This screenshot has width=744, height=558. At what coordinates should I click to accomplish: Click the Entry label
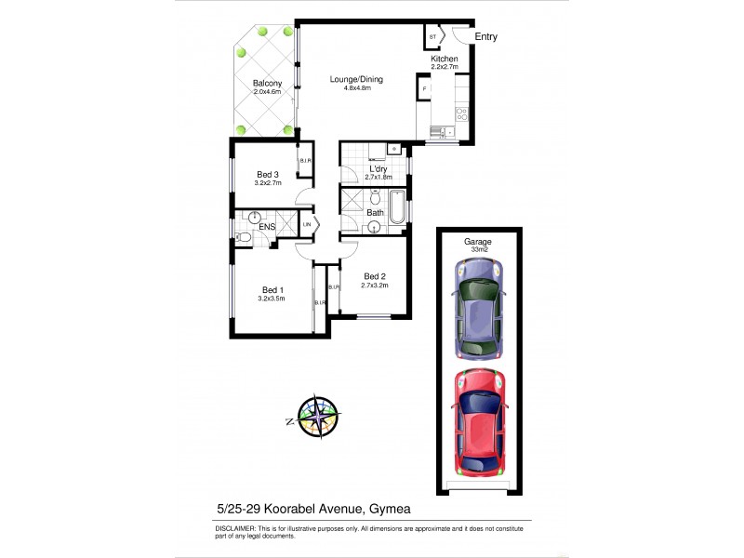point(486,37)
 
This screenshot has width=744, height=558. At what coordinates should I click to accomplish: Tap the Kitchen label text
point(444,60)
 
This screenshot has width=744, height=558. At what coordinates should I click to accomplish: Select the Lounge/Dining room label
point(356,79)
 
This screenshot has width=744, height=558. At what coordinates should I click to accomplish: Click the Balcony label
point(267,84)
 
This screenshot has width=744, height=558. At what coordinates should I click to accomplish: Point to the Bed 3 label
point(267,174)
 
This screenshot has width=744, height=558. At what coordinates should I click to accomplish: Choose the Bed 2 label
point(375,275)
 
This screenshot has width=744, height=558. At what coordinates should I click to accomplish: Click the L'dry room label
point(379,168)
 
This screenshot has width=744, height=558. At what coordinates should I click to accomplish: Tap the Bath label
point(375,212)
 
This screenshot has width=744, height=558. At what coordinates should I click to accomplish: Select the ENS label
point(267,226)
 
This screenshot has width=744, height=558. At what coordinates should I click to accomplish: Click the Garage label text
point(478,241)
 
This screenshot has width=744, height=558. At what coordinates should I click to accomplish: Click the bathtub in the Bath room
point(397,208)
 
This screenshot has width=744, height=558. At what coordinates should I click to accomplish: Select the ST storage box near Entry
point(432,37)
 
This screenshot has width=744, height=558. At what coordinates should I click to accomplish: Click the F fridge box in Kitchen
point(424,89)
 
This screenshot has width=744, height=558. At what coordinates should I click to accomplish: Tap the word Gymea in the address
point(389,508)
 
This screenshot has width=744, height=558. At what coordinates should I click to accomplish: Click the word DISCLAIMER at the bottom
point(237,526)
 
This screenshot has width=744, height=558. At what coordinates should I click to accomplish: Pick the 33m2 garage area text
point(478,248)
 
